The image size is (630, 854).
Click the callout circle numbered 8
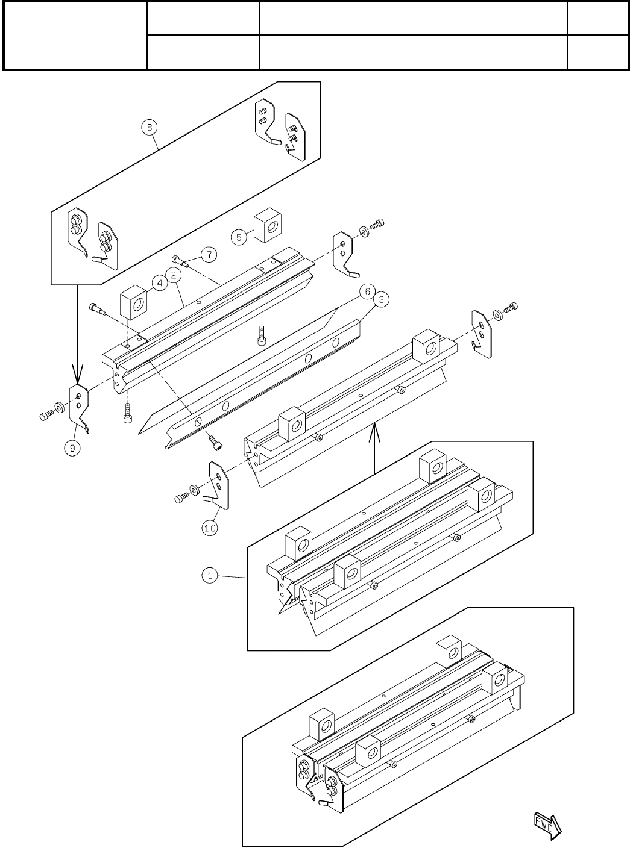click(150, 127)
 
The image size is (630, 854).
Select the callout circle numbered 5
click(239, 237)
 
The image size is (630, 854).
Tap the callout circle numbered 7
click(209, 254)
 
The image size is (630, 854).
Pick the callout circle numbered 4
click(160, 283)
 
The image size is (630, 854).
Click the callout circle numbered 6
click(367, 292)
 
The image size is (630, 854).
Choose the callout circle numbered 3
click(381, 300)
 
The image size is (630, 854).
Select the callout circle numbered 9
click(72, 448)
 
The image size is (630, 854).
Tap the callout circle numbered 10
click(210, 528)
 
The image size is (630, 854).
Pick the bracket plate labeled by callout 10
click(218, 485)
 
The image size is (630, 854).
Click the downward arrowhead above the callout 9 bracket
click(78, 374)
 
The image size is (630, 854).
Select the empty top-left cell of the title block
click(75, 36)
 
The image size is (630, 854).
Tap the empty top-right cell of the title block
click(597, 18)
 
